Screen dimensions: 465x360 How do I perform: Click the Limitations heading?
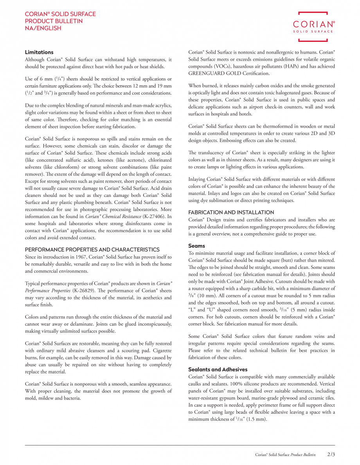(x=39, y=52)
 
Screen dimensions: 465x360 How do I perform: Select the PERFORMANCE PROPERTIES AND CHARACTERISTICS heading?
(x=92, y=249)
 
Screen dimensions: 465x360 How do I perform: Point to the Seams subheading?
(x=196, y=246)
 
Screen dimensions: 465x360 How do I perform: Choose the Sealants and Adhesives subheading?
(x=218, y=369)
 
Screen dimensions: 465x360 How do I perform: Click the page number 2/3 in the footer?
(x=331, y=454)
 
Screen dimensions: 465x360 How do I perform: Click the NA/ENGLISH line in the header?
(x=43, y=28)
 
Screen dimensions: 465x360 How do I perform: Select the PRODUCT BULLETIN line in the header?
(x=54, y=21)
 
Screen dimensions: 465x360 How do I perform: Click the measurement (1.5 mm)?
(x=257, y=419)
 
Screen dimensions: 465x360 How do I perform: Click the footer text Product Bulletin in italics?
(x=303, y=455)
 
